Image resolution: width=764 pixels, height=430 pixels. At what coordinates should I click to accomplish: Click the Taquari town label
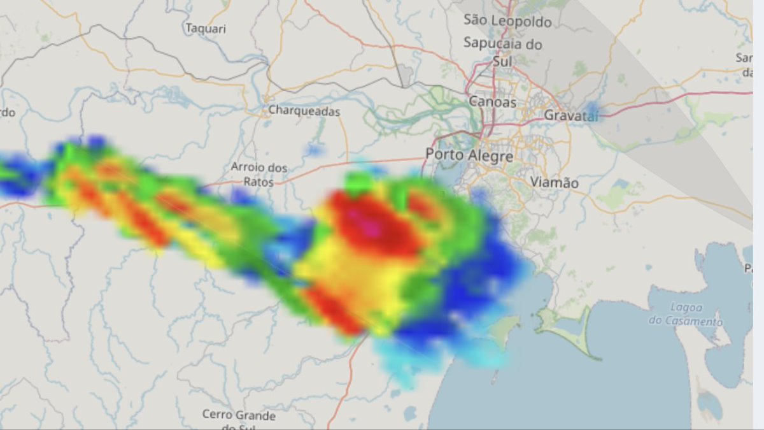click(206, 29)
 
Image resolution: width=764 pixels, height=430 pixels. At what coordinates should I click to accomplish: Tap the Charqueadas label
click(304, 111)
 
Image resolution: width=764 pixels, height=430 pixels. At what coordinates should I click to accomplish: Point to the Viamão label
click(554, 183)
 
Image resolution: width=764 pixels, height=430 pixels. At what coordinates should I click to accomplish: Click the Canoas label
click(492, 101)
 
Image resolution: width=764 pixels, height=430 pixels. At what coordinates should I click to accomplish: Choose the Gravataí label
click(572, 115)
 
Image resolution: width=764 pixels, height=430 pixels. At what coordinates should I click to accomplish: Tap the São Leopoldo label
click(507, 21)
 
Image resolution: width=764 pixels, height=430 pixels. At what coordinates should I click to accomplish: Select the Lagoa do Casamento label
click(686, 315)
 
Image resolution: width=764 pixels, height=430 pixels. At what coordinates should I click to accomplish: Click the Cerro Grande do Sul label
click(239, 419)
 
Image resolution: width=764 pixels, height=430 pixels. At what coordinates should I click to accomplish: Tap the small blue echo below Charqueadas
click(313, 150)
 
